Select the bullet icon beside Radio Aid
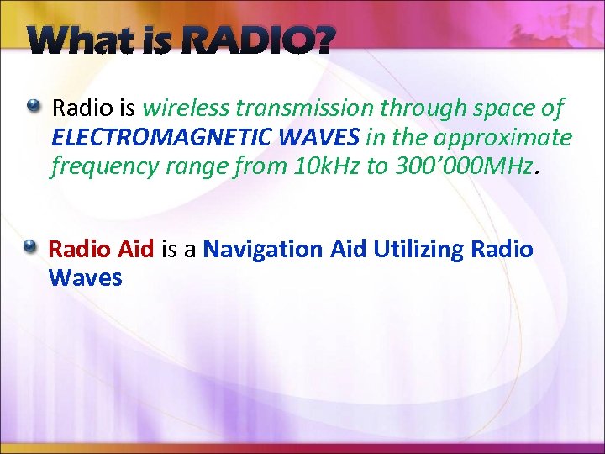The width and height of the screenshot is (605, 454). (x=30, y=246)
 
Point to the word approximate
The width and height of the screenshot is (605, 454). (x=503, y=138)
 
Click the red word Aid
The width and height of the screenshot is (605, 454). (x=135, y=250)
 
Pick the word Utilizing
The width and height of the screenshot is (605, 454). (x=419, y=250)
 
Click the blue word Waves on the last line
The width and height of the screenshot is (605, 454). (x=85, y=277)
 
